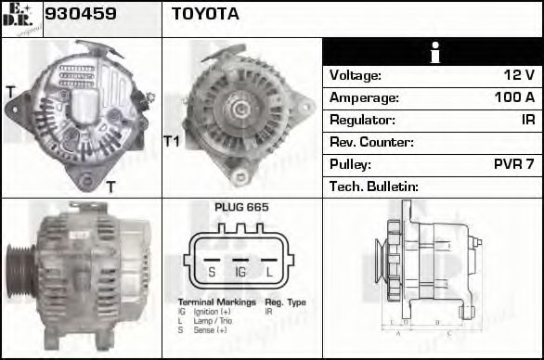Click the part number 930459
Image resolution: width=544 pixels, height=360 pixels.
80,14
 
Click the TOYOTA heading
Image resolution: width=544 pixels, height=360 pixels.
205,14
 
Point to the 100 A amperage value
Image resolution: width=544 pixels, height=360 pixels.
514,97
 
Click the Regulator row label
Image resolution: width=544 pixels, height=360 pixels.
362,120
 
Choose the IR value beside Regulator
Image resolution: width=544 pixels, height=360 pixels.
527,120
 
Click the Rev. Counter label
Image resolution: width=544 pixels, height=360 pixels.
371,142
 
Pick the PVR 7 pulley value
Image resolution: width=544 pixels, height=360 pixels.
513,164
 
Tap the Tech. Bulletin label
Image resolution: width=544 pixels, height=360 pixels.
374,186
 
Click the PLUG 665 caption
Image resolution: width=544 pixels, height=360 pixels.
241,207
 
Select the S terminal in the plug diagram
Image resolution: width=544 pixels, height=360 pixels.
213,272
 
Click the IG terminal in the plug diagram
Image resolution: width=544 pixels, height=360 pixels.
240,272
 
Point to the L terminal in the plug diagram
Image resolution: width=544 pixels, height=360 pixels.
269,272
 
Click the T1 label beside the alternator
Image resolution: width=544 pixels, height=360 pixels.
171,141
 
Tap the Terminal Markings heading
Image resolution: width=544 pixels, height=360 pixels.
214,302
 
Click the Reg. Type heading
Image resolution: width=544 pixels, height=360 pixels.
285,302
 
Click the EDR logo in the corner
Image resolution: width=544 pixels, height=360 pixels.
20,18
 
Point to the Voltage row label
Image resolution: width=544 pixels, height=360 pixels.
356,75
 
